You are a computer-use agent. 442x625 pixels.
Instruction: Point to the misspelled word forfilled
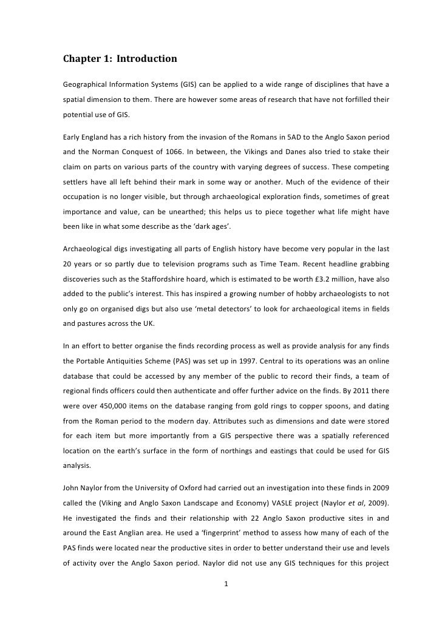359,98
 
